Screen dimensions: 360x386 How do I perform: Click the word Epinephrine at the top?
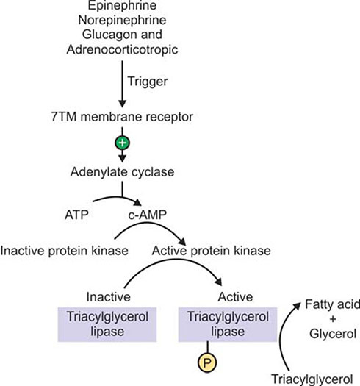coord(122,5)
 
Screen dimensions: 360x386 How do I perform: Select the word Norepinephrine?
coord(122,20)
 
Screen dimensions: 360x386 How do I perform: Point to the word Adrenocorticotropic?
coord(122,49)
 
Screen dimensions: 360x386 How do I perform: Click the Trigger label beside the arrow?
coord(148,82)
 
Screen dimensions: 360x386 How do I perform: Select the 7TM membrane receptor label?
coord(122,116)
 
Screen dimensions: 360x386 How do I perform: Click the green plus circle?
coord(122,143)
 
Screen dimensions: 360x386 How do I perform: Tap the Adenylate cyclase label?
coord(122,172)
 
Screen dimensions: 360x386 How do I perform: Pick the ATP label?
coord(76,215)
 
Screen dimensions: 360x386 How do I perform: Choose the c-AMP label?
coord(148,215)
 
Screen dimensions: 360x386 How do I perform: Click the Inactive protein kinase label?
coord(65,251)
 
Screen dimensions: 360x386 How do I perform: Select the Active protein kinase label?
coord(212,251)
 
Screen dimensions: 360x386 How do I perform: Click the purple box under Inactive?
coord(107,324)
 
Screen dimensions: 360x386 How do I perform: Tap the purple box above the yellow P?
coord(228,324)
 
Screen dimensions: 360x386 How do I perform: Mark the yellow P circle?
coord(207,362)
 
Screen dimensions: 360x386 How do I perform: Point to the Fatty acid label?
coord(332,304)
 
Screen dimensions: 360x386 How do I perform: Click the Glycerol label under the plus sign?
coord(333,334)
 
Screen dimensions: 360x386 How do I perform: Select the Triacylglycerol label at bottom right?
coord(312,379)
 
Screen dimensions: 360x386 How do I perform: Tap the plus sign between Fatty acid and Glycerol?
coord(333,319)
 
